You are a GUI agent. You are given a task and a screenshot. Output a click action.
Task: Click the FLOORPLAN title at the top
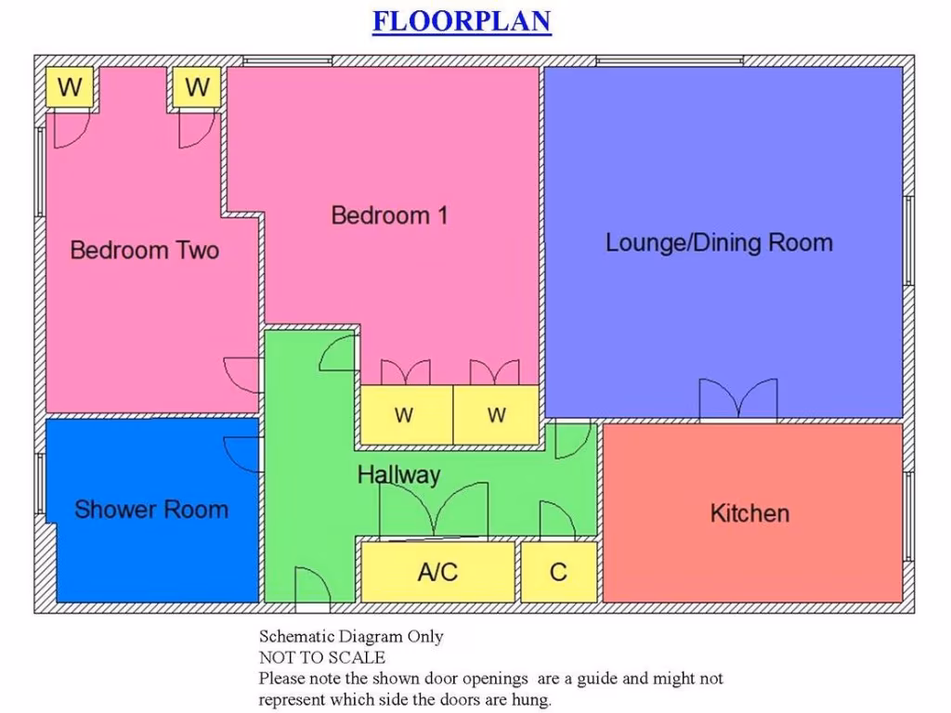[x=462, y=21]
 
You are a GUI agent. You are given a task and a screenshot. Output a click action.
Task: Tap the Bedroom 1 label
[x=389, y=215]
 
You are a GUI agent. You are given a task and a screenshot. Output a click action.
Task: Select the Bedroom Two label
[x=144, y=250]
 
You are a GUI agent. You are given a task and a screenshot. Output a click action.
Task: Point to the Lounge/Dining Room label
[x=719, y=243]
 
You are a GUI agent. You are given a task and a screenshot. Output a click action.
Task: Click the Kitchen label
[x=749, y=513]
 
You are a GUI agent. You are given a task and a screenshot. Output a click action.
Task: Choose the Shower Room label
[x=150, y=509]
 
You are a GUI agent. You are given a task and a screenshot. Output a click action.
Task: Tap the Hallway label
[x=398, y=474]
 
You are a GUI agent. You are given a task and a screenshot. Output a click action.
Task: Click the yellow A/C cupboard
[x=437, y=572]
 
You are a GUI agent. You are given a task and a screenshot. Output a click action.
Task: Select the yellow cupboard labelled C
[x=558, y=572]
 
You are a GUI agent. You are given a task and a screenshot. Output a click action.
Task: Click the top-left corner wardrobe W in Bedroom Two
[x=70, y=88]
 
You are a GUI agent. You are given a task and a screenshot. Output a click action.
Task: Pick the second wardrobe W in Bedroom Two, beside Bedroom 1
[x=197, y=88]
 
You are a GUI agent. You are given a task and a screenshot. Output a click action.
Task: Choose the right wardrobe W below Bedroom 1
[x=496, y=415]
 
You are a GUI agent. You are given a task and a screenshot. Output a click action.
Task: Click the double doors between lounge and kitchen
[x=738, y=401]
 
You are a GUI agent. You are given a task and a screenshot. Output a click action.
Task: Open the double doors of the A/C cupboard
[x=434, y=513]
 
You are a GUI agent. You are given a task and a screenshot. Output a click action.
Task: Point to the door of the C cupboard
[x=557, y=522]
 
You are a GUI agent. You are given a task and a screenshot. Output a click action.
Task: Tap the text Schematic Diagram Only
[x=350, y=637]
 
